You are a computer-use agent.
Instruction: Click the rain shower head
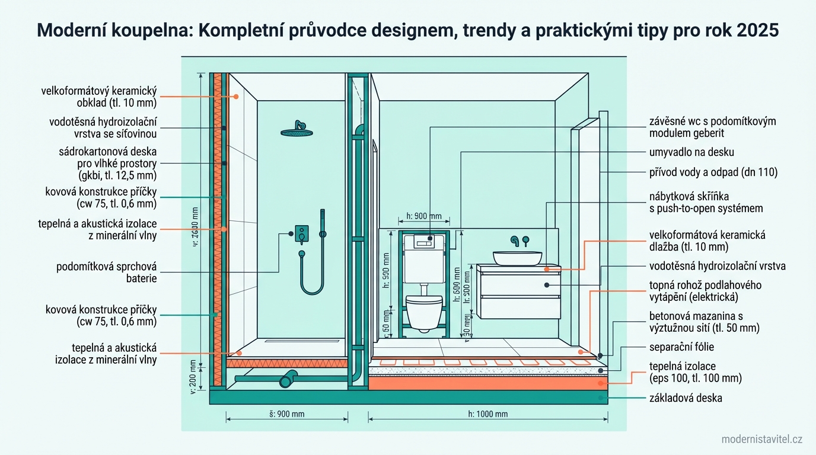point(298,131)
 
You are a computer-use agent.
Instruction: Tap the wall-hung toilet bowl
point(425,310)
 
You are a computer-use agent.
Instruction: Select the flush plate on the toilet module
point(425,242)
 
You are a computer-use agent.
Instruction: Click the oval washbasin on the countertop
point(517,258)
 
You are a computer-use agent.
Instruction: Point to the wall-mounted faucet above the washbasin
point(520,240)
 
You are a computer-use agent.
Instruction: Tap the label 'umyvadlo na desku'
point(691,153)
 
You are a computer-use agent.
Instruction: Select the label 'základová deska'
point(686,398)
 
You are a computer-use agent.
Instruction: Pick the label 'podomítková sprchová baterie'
point(107,273)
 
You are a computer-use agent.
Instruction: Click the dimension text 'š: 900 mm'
point(286,414)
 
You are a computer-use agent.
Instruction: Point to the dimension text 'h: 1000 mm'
point(488,414)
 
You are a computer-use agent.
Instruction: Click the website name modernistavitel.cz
point(762,439)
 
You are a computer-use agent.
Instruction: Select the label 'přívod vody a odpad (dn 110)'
point(713,173)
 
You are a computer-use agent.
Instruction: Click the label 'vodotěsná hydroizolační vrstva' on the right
point(718,266)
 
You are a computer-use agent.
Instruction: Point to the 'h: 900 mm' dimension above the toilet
point(424,216)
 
